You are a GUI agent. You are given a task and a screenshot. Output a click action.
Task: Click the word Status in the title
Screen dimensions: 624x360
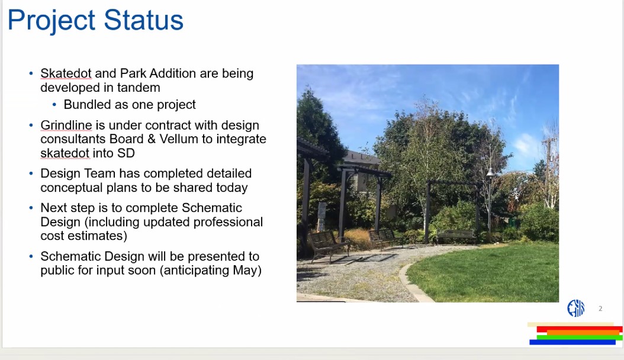144,20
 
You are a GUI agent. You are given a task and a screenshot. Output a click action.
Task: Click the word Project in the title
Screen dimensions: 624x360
52,21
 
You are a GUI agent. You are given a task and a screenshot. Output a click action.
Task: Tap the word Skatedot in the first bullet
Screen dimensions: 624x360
66,73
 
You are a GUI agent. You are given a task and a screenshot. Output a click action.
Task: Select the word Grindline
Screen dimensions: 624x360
66,125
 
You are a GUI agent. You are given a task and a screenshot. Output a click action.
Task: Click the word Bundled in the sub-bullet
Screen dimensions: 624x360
87,104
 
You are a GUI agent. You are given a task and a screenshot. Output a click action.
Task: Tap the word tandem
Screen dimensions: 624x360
139,88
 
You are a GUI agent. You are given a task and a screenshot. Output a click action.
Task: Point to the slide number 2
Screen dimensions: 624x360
600,308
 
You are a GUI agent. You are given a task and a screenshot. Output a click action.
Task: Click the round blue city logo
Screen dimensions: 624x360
576,308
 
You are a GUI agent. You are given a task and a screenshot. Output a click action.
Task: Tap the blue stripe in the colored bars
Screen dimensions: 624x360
572,342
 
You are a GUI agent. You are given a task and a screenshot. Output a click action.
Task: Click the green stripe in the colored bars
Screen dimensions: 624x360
580,337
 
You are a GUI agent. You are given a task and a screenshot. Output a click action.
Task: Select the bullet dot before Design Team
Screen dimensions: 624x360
31,173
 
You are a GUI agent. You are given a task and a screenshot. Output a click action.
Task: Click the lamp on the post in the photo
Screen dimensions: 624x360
490,172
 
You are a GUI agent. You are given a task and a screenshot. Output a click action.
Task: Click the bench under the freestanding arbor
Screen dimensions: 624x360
456,236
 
